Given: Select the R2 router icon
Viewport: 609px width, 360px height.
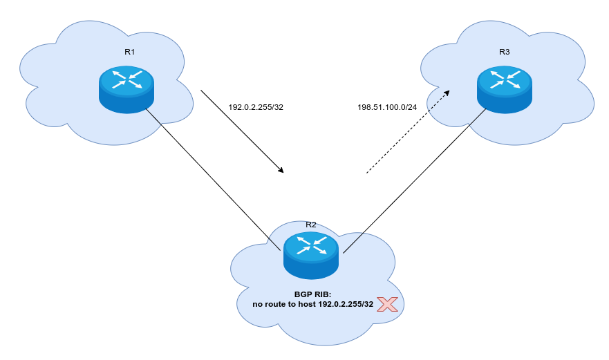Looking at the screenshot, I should click(310, 255).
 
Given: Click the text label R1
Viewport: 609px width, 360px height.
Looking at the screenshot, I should click(130, 52).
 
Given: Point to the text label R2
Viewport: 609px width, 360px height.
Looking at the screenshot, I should click(311, 225).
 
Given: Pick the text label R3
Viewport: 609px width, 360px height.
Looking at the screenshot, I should click(504, 52).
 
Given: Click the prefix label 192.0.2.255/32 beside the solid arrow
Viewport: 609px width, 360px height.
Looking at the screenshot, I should click(256, 107).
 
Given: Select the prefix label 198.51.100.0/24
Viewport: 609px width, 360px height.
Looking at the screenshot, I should click(387, 107).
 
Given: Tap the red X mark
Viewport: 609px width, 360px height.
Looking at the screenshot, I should click(387, 304).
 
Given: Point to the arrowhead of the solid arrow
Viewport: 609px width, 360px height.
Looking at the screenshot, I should click(281, 170).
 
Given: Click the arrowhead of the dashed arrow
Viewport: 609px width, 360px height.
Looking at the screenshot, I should click(447, 92).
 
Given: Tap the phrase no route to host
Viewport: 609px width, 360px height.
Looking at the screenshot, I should click(284, 304).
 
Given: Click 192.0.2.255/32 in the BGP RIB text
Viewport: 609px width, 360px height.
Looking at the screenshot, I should click(346, 304).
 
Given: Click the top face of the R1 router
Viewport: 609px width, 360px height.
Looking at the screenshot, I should click(126, 79).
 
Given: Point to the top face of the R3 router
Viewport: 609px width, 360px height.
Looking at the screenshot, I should click(505, 79).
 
